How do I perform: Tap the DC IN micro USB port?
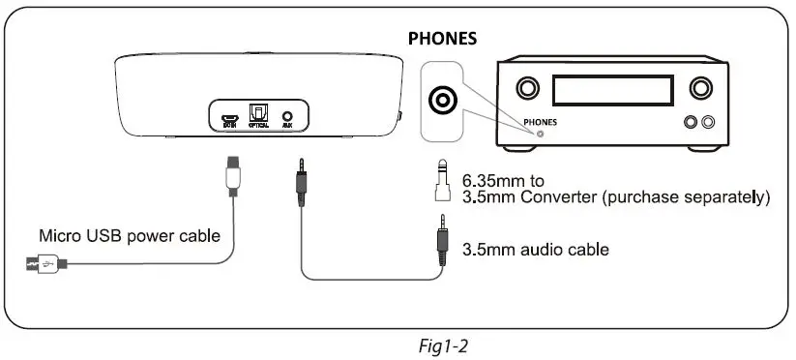pos(229,114)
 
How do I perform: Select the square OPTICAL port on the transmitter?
pos(257,113)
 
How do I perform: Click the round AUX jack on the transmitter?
pos(286,114)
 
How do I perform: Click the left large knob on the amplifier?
pos(527,89)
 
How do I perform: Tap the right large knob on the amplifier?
pos(700,89)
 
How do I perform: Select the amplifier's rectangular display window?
pos(613,90)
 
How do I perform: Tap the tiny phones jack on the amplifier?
pos(541,134)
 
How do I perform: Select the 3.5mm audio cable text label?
pos(536,249)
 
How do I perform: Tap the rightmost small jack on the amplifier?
pos(710,122)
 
